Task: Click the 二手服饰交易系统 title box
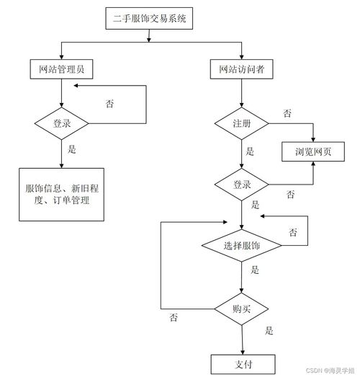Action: pos(149,18)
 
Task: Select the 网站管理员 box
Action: pos(61,69)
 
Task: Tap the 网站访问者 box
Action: pos(242,69)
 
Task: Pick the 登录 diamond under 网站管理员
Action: pos(61,123)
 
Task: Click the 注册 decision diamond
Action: pos(242,123)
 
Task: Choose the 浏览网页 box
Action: pos(313,151)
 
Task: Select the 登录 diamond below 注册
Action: pos(242,185)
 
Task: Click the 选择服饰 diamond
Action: pos(242,246)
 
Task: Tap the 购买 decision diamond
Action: pos(242,309)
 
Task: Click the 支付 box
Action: pos(243,364)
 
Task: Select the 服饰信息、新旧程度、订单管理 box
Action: pos(61,195)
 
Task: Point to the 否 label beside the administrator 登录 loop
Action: pos(109,104)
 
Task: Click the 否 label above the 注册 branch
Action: pos(287,113)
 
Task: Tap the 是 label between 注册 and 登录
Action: pos(250,151)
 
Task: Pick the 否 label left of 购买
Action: pos(174,317)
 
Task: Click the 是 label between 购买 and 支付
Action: pos(269,330)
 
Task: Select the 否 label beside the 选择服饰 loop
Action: pos(293,232)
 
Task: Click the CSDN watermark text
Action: pos(330,371)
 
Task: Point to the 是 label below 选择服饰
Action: pos(255,270)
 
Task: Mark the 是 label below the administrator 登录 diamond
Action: pos(72,149)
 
